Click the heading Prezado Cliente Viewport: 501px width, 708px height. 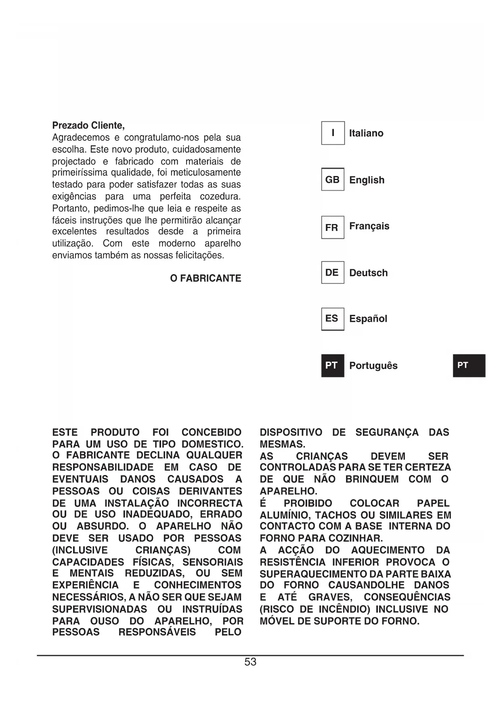pos(88,125)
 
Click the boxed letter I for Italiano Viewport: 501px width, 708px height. pos(333,133)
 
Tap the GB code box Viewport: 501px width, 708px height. pos(333,180)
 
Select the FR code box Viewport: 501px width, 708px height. pos(333,228)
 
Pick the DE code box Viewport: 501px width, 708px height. pos(333,272)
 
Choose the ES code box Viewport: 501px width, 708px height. pos(333,318)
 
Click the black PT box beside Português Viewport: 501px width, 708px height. pos(333,365)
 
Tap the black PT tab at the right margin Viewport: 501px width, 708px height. pos(469,365)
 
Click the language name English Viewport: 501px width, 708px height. pos(367,180)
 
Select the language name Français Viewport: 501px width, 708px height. pos(369,226)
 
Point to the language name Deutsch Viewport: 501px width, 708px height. pos(368,273)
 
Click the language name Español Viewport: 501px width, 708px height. pos(368,319)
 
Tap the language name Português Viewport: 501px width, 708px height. pos(373,366)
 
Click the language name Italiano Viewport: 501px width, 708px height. pos(366,133)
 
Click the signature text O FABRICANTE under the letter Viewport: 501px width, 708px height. pos(205,279)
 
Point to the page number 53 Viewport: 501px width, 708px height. pos(250,662)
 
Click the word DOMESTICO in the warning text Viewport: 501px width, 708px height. pos(212,444)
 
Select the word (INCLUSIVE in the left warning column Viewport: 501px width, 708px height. pos(80,550)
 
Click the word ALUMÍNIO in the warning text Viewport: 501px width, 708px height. pos(285,515)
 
